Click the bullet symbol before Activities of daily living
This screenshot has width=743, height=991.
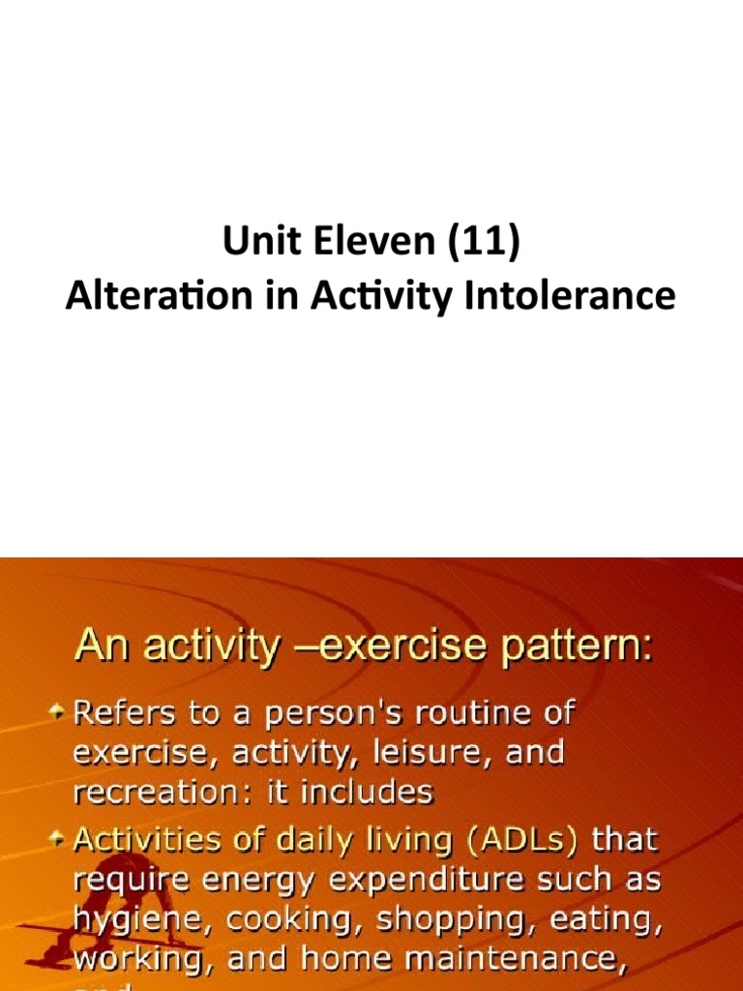60,838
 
